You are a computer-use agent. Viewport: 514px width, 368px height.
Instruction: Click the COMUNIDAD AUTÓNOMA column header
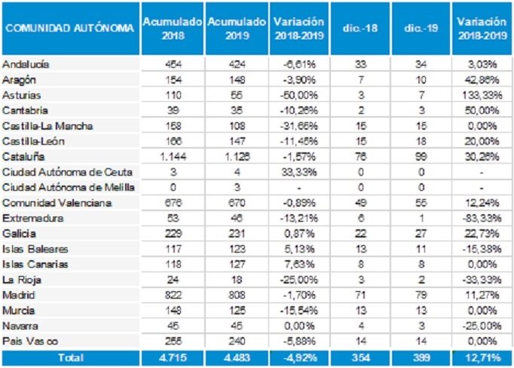69,29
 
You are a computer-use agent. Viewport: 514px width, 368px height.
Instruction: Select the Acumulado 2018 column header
172,29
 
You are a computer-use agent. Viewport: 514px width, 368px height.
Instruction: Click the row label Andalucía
24,64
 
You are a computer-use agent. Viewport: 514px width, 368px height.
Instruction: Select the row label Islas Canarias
35,264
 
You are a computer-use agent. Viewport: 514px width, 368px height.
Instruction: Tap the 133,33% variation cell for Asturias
480,95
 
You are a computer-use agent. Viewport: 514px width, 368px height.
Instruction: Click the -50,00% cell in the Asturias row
299,95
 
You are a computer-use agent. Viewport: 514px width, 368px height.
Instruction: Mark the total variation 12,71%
480,356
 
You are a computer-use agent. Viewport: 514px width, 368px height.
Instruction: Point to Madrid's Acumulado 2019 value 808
235,295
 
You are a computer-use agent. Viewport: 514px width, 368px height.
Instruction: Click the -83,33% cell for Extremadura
480,218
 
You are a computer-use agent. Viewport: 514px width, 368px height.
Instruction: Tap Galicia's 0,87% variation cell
299,234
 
